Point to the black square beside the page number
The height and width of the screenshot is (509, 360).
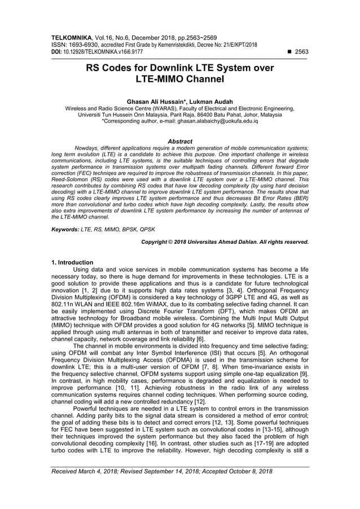289,51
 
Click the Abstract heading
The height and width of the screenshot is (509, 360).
180,141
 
